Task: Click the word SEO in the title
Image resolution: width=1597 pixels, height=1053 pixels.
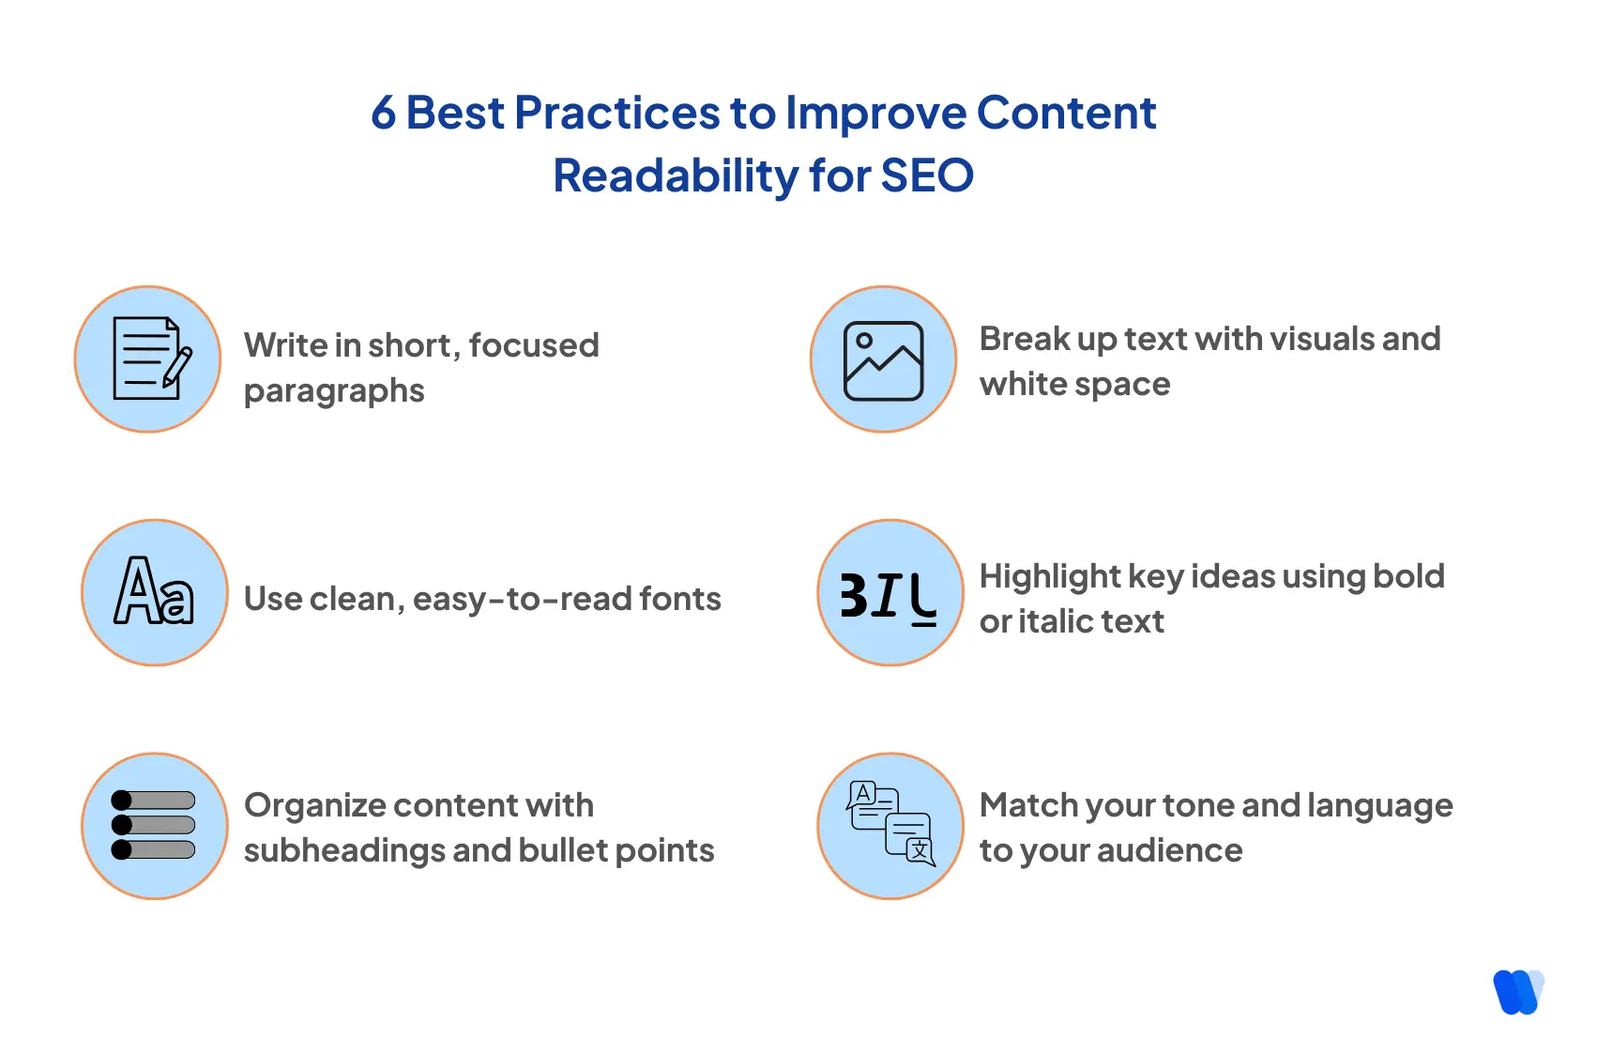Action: (927, 175)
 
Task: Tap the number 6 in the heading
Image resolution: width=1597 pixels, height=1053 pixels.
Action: (383, 114)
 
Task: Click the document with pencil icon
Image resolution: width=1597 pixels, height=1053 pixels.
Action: (148, 359)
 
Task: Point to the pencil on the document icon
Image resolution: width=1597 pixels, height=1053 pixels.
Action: (176, 367)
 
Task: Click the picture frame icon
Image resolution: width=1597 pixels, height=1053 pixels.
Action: (884, 360)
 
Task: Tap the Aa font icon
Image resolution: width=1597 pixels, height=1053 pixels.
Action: (155, 592)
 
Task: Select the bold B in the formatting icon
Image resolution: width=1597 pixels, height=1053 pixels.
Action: (853, 595)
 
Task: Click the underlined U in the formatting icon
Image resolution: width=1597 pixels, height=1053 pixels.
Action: (923, 599)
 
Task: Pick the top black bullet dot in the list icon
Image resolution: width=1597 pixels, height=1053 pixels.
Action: (122, 801)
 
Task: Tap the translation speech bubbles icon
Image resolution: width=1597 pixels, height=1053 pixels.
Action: (890, 824)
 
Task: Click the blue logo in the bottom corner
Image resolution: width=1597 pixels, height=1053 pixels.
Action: (1517, 992)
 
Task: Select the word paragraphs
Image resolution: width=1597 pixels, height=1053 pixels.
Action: (334, 391)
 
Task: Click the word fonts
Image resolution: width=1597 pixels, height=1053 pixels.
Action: (680, 599)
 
